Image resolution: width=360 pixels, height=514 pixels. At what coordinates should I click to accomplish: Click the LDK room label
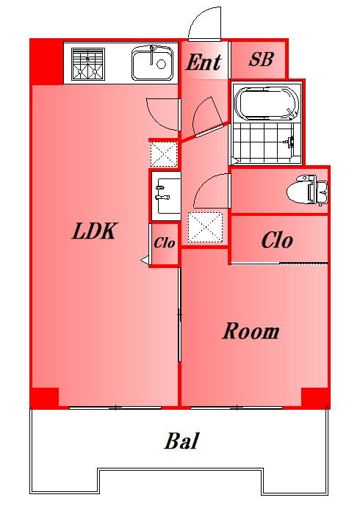coord(93,231)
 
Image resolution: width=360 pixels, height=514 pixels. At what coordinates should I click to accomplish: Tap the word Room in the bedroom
coord(251,331)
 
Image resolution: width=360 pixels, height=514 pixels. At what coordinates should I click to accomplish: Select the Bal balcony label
coord(181,441)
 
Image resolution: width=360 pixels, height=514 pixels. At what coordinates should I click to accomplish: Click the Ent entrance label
coord(204,62)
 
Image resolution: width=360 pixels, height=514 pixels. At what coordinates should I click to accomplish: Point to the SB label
coord(261,59)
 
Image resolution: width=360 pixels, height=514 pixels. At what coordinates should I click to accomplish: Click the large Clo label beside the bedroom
coord(277,241)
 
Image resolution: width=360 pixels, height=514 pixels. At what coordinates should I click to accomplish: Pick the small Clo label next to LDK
coord(165,243)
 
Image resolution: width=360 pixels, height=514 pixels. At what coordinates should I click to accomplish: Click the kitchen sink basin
coord(153,63)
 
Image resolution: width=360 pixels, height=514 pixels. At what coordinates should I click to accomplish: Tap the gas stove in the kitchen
coord(88,65)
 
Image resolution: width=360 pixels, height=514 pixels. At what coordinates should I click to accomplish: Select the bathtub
coord(267,104)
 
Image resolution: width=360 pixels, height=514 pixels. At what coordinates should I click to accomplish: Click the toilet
coord(307,190)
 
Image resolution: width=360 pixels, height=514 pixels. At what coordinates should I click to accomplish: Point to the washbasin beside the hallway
coord(165,196)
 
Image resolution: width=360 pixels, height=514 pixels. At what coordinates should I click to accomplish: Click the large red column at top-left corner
coord(46,62)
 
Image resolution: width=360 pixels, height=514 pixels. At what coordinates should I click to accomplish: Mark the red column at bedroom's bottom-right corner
coord(315,398)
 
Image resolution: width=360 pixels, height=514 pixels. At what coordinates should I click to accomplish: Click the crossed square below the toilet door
coord(205,227)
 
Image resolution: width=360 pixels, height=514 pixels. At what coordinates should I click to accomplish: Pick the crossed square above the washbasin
coord(164,153)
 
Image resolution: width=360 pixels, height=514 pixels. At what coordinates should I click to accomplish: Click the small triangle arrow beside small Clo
coord(145,261)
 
